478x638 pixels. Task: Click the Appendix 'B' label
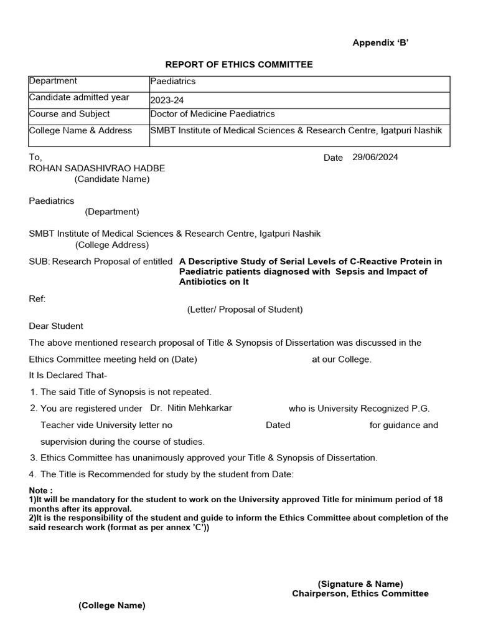[380, 42]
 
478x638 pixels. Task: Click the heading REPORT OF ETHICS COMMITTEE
[238, 65]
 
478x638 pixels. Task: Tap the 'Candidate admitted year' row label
[79, 97]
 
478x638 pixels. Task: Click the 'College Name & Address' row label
[80, 130]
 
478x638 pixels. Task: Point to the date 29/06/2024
[375, 157]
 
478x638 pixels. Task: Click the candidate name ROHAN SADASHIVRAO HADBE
[97, 168]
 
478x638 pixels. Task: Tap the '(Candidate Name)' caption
[112, 179]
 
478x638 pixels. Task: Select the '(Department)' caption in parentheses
[112, 212]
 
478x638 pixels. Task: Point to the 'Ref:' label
[37, 299]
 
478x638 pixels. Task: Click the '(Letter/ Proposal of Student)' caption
[245, 310]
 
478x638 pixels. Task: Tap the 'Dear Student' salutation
[56, 326]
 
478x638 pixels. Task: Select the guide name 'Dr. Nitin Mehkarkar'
[191, 408]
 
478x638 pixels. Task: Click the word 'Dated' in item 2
[278, 425]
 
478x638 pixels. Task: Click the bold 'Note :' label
[41, 491]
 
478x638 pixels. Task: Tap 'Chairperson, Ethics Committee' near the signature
[360, 594]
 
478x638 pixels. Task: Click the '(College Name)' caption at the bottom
[111, 606]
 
